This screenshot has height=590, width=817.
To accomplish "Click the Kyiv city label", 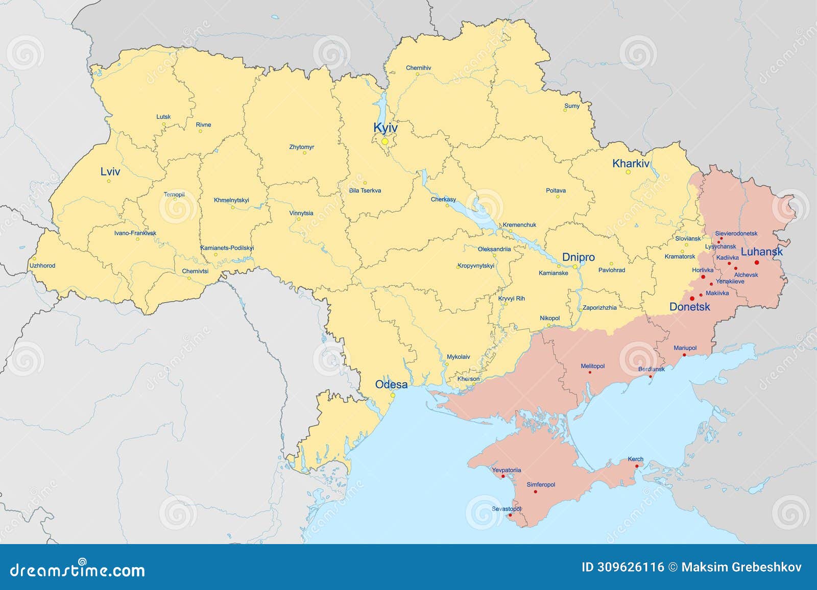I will [385, 128].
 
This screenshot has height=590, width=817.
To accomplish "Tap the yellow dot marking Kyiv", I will [385, 141].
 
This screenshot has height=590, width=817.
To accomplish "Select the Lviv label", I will [110, 171].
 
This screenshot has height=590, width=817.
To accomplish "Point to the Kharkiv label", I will [631, 164].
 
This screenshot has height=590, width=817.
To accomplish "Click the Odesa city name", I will [391, 384].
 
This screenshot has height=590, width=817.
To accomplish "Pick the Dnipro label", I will [578, 257].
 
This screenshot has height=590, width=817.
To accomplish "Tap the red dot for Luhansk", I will [757, 262].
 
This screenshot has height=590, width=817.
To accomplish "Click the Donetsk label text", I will [689, 307].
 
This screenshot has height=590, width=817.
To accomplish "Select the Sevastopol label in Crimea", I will [507, 509].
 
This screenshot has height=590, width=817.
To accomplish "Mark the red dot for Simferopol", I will [535, 491].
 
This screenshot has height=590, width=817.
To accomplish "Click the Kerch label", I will [636, 459].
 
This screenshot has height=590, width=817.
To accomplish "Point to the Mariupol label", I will [685, 348].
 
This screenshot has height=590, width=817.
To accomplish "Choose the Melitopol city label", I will [592, 366].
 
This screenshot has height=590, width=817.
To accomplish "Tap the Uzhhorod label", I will [42, 265].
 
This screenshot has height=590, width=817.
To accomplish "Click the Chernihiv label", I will [418, 68].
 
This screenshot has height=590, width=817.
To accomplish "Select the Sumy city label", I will [572, 106].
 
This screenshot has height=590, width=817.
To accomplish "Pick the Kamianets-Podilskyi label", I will [227, 248].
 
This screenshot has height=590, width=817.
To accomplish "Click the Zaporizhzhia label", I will [599, 308].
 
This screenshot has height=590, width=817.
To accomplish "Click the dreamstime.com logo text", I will [78, 570].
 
